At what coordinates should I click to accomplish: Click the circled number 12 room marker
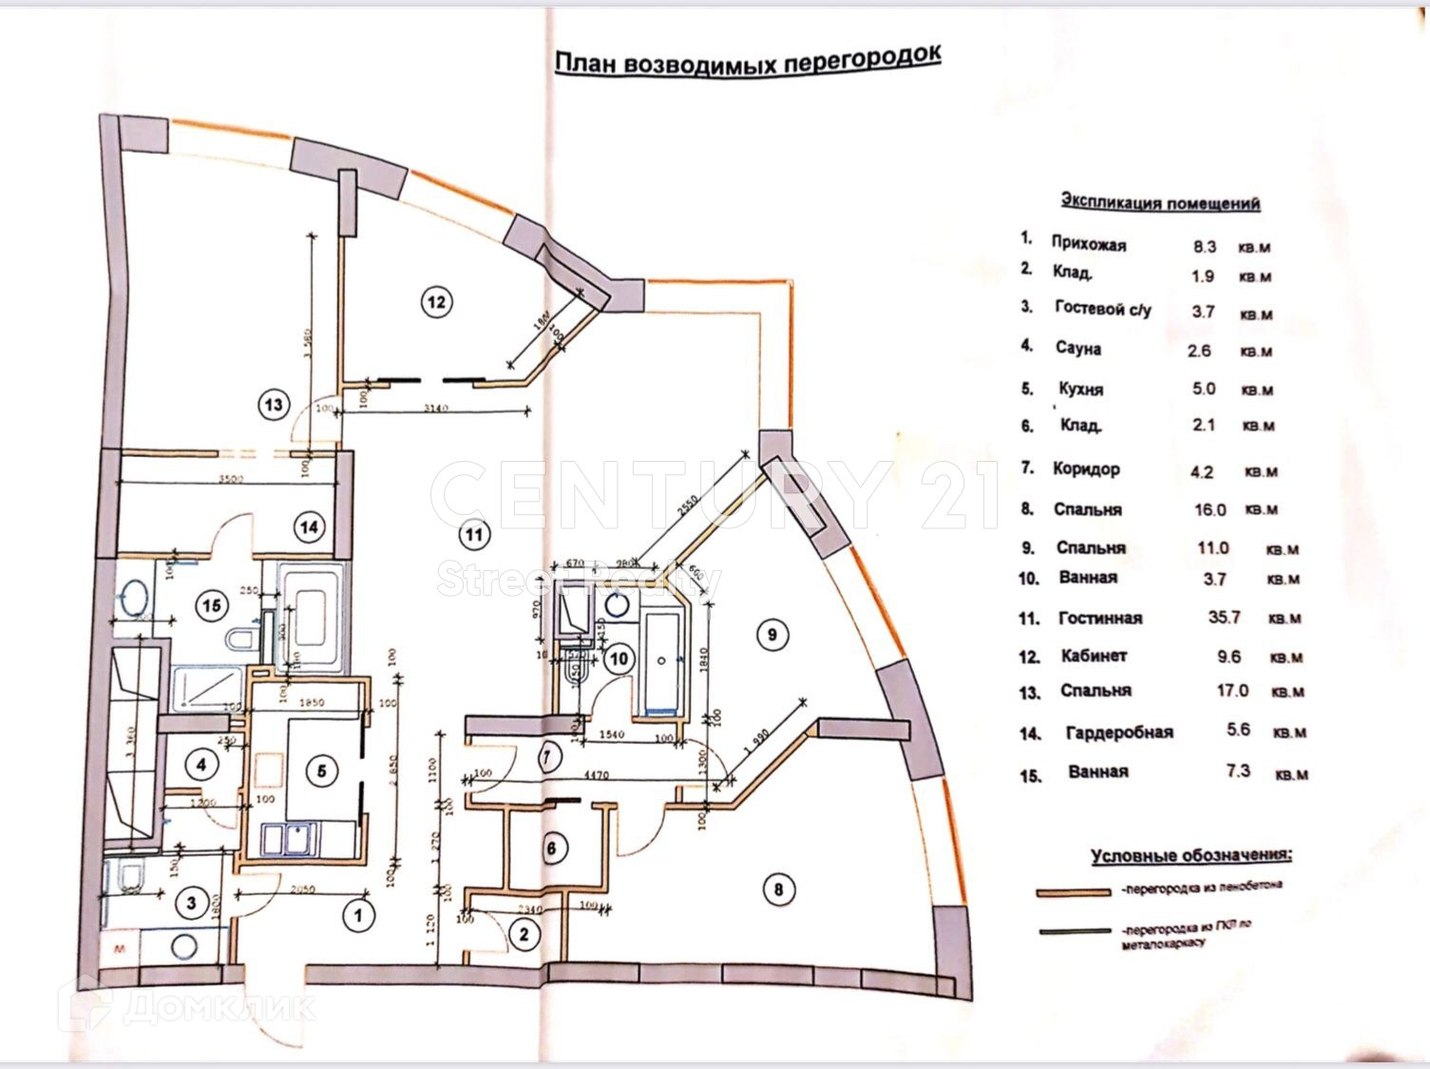pos(436,302)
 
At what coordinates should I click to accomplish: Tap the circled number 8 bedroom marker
pos(779,889)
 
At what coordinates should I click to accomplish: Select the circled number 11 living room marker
pos(474,535)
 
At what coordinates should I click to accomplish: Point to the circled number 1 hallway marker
pos(358,916)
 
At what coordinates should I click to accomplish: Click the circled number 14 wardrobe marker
pos(309,526)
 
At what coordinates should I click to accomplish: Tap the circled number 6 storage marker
pos(554,848)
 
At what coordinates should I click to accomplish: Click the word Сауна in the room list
pos(1078,349)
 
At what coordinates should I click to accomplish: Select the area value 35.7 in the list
pos(1224,617)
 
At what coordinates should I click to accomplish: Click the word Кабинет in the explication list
pos(1094,656)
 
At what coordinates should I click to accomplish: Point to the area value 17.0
pos(1232,691)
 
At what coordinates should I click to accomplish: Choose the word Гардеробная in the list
pos(1119,732)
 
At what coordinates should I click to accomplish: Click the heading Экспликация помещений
pos(1160,202)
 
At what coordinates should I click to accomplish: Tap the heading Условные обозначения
pos(1192,855)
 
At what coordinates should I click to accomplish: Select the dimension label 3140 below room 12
pos(436,410)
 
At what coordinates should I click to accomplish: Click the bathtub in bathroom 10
pos(660,662)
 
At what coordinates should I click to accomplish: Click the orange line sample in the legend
pos(1075,892)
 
